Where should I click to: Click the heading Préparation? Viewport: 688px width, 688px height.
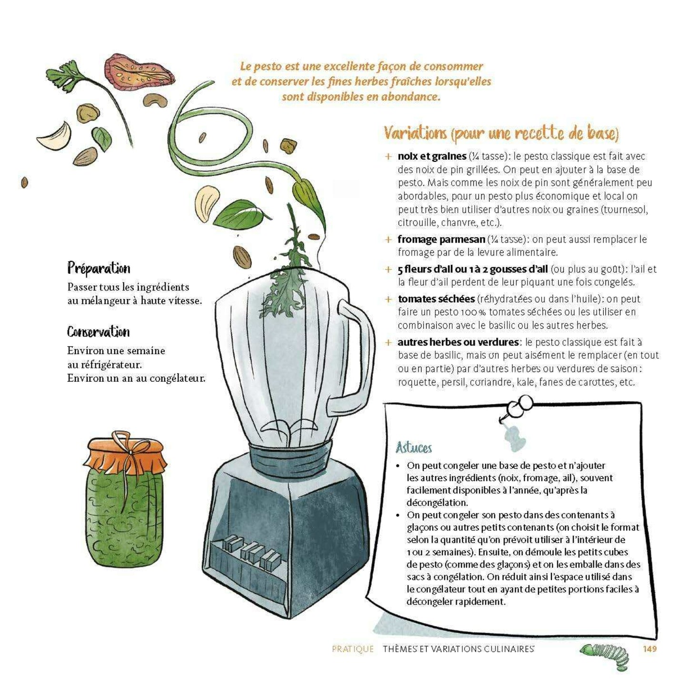click(99, 268)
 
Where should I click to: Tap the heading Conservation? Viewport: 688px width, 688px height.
click(98, 332)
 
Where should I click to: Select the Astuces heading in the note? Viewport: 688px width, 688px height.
click(414, 448)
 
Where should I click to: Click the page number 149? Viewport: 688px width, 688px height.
click(649, 648)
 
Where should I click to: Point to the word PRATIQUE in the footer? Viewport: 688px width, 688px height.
click(353, 649)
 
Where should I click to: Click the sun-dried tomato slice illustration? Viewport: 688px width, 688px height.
click(139, 71)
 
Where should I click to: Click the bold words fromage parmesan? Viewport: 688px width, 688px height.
click(441, 239)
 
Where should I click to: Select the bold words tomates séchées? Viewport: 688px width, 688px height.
click(436, 299)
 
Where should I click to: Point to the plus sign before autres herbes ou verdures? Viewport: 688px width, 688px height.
click(389, 342)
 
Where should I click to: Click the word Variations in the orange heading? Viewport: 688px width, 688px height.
click(415, 133)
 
